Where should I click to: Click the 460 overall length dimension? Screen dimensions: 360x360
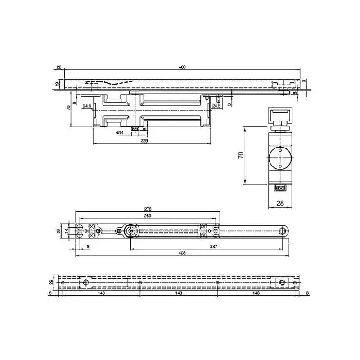(x=182, y=67)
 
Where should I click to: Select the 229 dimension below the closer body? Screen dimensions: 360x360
(x=144, y=141)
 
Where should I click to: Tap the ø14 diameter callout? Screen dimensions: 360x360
(x=120, y=132)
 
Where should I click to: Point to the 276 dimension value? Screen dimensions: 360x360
(x=147, y=209)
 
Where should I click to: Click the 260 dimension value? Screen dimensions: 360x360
(x=147, y=216)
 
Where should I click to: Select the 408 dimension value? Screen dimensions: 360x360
(x=182, y=253)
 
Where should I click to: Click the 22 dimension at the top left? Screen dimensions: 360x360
(x=59, y=67)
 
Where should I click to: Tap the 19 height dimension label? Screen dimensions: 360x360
(x=58, y=84)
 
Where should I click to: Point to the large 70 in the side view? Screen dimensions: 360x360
(x=241, y=156)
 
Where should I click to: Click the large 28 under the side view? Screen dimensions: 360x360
(x=280, y=203)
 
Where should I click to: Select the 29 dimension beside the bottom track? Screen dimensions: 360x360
(x=51, y=282)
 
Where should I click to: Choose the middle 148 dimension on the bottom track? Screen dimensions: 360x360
(x=179, y=293)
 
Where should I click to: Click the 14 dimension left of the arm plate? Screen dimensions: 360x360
(x=67, y=230)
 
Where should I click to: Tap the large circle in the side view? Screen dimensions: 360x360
(x=279, y=158)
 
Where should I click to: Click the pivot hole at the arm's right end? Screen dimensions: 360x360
(x=282, y=230)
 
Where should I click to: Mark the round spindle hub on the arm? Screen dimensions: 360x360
(x=130, y=230)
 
